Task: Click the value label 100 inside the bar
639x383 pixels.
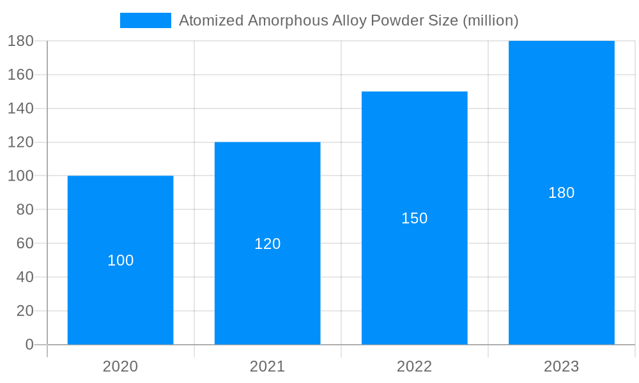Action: point(120,260)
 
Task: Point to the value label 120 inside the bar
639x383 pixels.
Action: point(267,244)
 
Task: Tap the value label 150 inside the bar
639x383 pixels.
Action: point(414,218)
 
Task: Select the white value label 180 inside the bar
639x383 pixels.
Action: point(561,193)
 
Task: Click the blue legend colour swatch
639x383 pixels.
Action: point(146,20)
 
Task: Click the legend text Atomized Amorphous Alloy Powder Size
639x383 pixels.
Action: point(348,20)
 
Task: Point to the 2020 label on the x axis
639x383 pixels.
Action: point(120,366)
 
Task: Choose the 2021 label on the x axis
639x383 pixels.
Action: point(267,366)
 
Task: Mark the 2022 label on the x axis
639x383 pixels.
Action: point(414,366)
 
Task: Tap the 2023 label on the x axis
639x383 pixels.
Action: point(561,366)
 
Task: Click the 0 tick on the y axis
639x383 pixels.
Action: point(29,345)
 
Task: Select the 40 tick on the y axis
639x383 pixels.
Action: point(25,277)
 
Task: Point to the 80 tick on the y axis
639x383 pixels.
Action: point(25,209)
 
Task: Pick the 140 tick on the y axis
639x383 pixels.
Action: point(20,109)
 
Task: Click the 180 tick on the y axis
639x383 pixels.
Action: point(20,41)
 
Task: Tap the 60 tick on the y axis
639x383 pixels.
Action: point(25,243)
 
